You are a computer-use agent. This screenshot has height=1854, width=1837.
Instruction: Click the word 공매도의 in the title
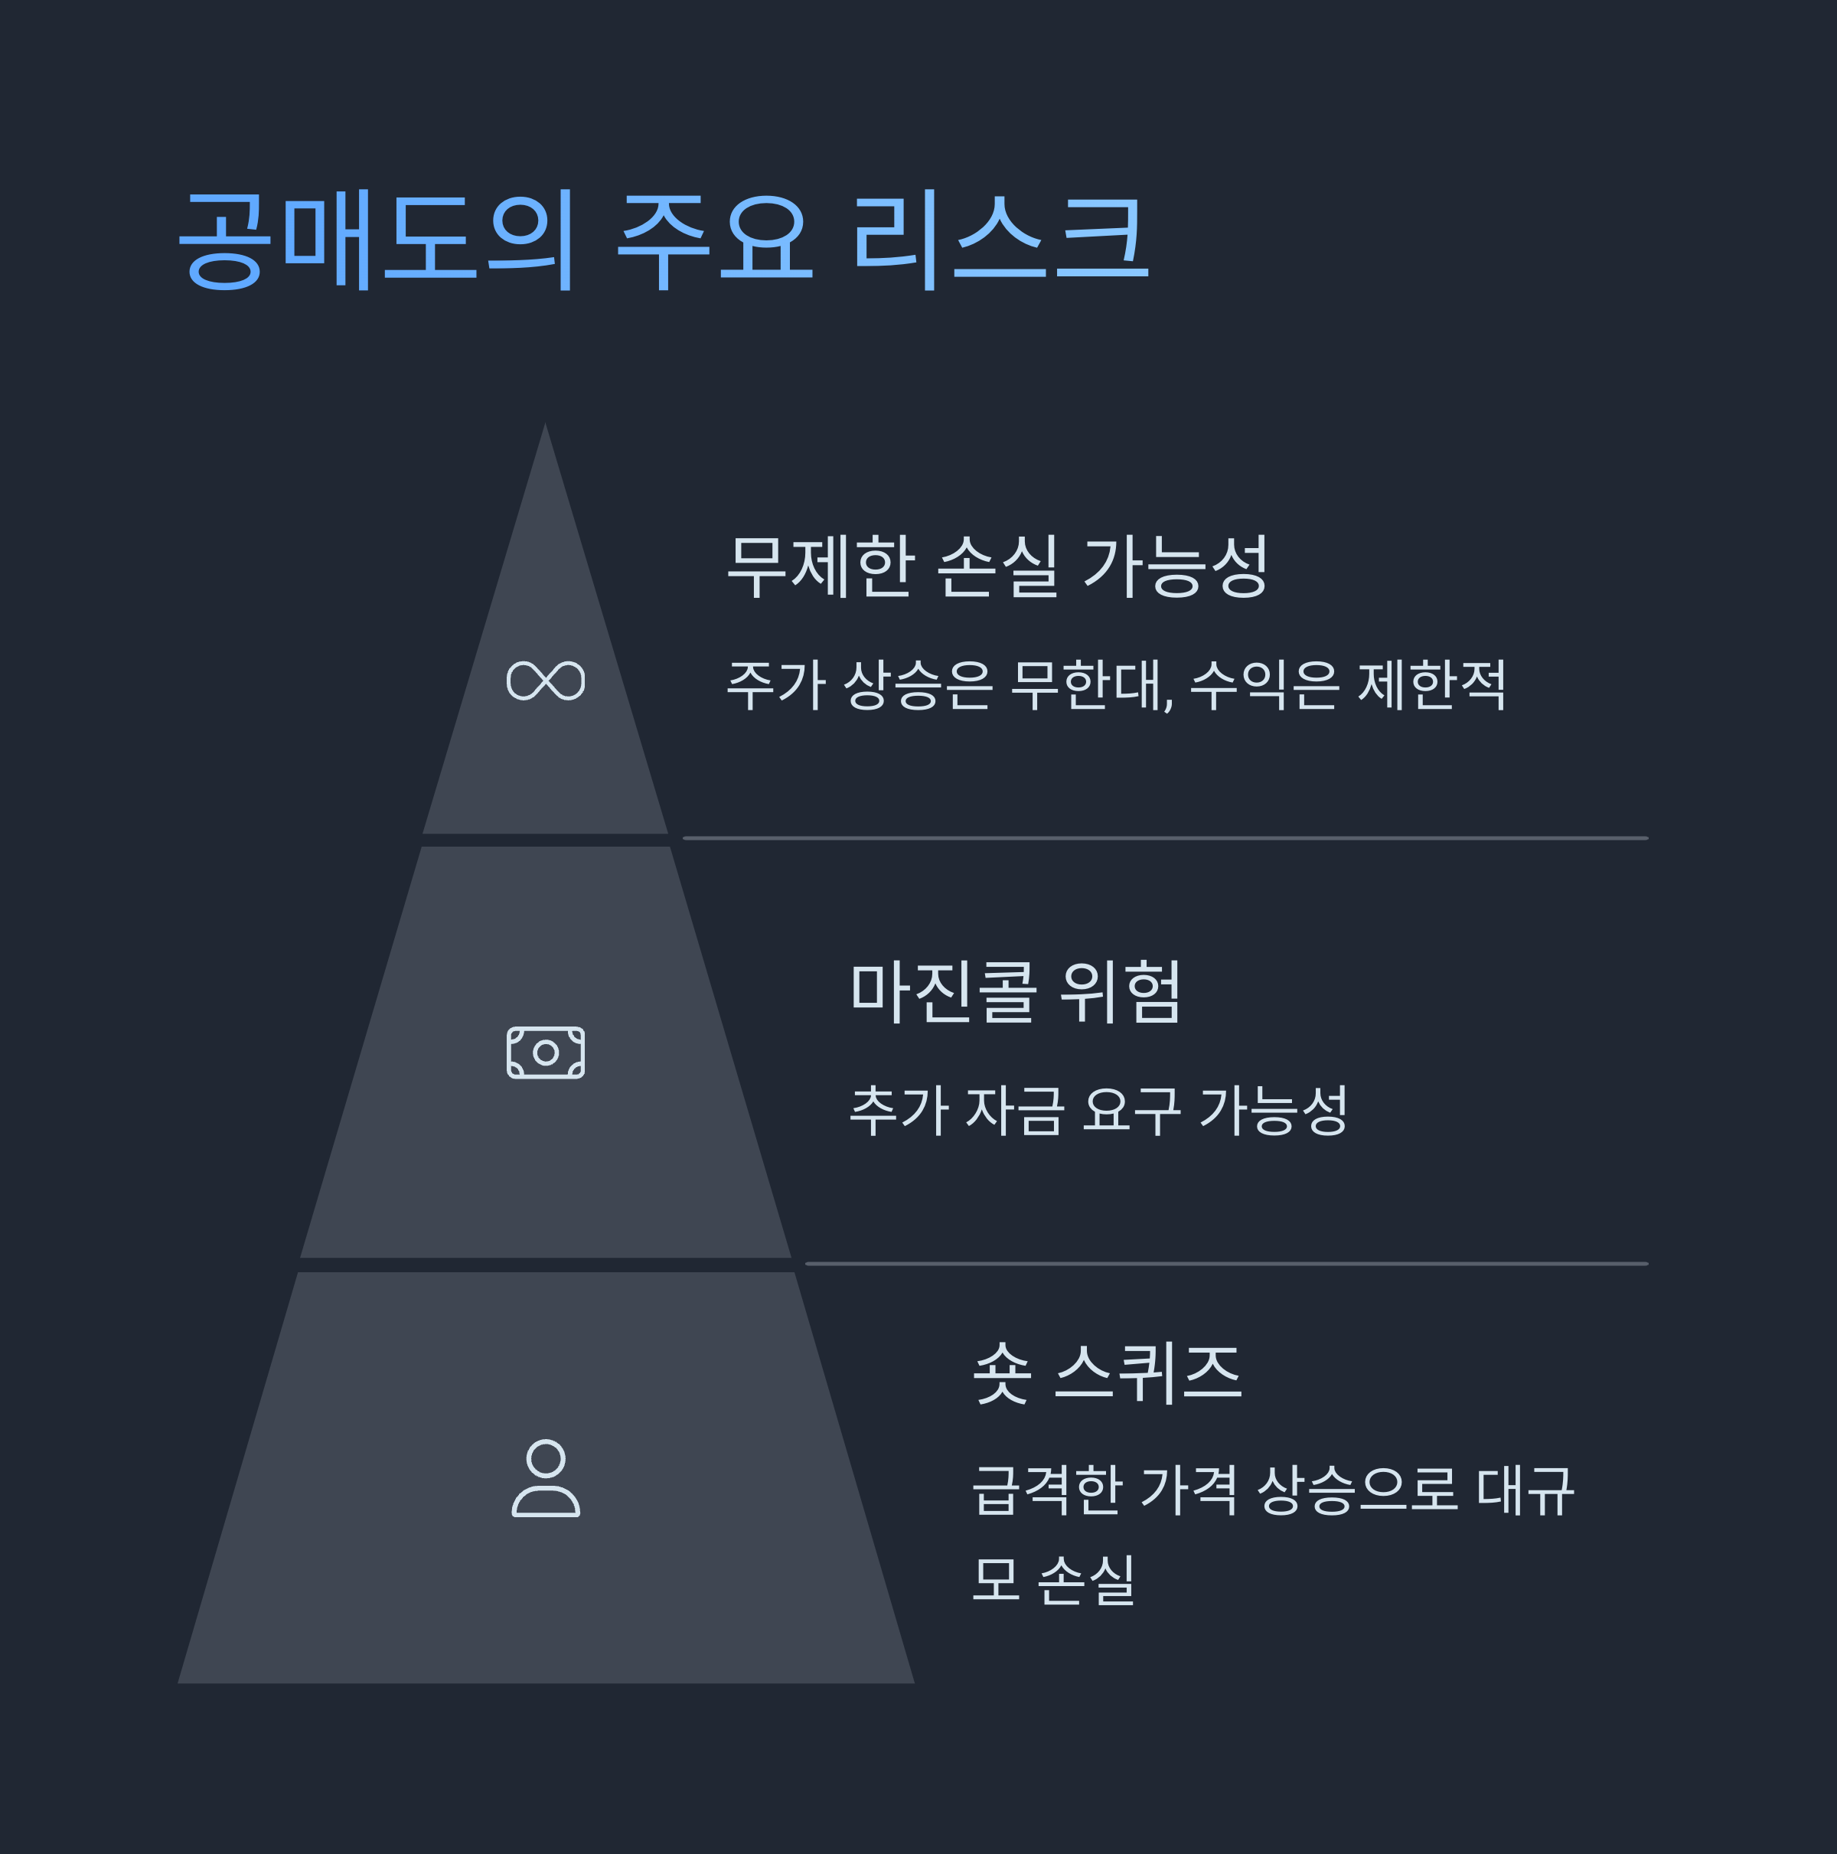pyautogui.click(x=377, y=239)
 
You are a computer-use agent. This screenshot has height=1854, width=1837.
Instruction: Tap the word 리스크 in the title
pyautogui.click(x=1001, y=239)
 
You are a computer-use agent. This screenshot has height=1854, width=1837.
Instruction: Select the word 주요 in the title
pyautogui.click(x=715, y=239)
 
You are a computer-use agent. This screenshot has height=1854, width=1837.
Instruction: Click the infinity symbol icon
pyautogui.click(x=545, y=681)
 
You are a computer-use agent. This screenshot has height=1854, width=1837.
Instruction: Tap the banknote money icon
pyautogui.click(x=545, y=1053)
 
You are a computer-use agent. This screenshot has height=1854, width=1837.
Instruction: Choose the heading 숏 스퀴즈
pyautogui.click(x=1108, y=1373)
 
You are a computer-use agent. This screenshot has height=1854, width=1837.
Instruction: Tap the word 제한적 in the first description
pyautogui.click(x=1432, y=685)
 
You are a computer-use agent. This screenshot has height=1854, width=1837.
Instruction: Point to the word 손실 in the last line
pyautogui.click(x=1086, y=1579)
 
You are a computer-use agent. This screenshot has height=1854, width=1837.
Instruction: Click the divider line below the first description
pyautogui.click(x=1165, y=837)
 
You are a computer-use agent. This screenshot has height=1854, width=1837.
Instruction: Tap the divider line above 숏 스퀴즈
pyautogui.click(x=1227, y=1264)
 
